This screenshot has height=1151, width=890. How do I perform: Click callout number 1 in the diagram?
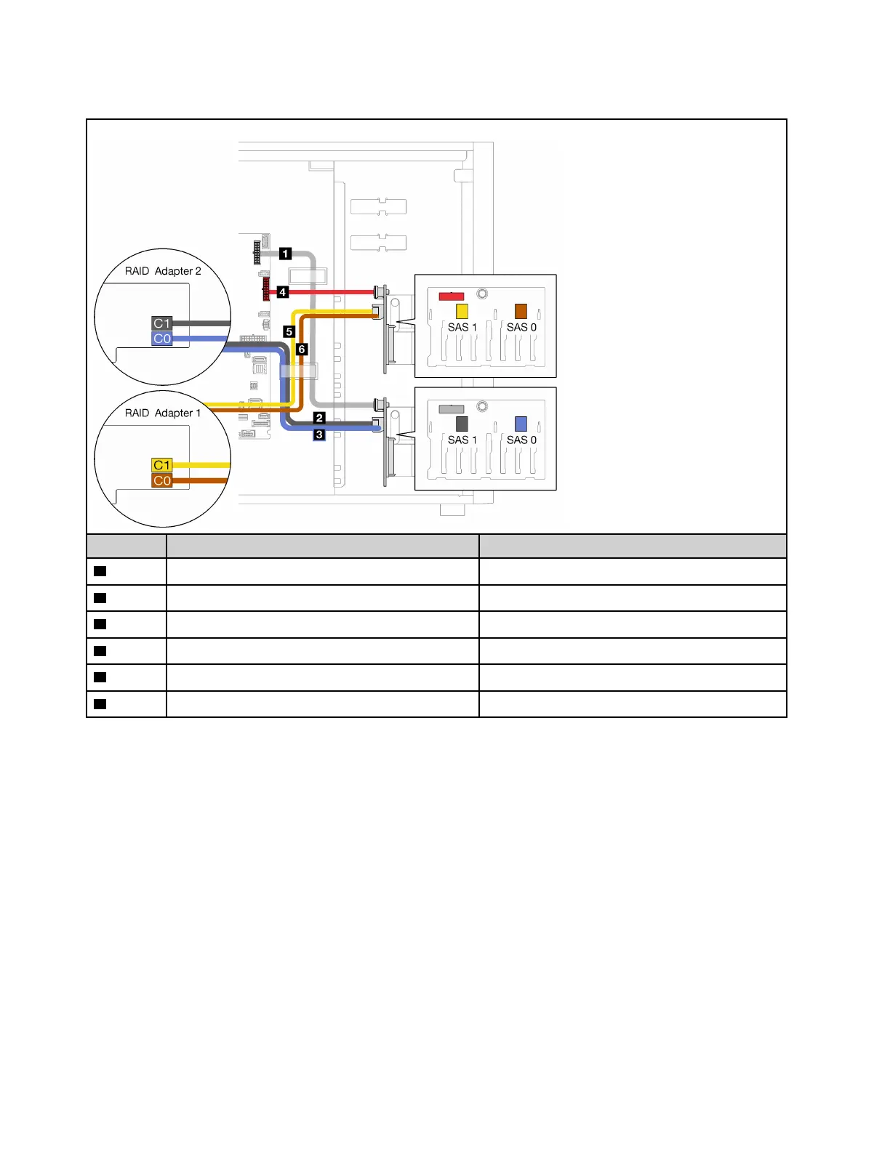(x=286, y=254)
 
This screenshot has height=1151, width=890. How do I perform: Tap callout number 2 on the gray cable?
(x=319, y=418)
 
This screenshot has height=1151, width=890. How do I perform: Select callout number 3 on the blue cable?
(x=319, y=435)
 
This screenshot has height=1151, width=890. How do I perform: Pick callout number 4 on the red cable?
(x=282, y=292)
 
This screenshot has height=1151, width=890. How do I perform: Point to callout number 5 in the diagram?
(x=289, y=331)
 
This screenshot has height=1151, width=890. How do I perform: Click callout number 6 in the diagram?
(x=302, y=350)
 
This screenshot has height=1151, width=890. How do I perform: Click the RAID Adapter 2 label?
(x=163, y=271)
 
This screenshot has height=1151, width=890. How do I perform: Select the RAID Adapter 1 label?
(x=163, y=413)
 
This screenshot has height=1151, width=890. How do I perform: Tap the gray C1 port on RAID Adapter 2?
(x=161, y=323)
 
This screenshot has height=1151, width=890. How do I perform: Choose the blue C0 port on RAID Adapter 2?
(x=161, y=339)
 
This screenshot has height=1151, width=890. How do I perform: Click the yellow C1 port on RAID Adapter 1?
(x=161, y=465)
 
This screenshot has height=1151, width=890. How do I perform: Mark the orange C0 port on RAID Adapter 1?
(x=161, y=480)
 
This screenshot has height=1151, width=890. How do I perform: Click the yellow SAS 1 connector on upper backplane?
(x=462, y=311)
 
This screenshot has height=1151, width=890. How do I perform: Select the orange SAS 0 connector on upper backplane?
(x=521, y=311)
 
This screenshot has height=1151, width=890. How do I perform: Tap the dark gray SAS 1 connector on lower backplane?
(x=462, y=424)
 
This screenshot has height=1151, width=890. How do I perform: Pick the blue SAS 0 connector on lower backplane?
(x=521, y=424)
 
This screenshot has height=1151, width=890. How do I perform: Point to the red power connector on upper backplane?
(x=452, y=296)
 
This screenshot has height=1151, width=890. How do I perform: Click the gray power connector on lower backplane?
(x=452, y=409)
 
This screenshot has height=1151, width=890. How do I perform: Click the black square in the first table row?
(x=100, y=571)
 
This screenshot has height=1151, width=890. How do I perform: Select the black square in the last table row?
(x=100, y=704)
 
